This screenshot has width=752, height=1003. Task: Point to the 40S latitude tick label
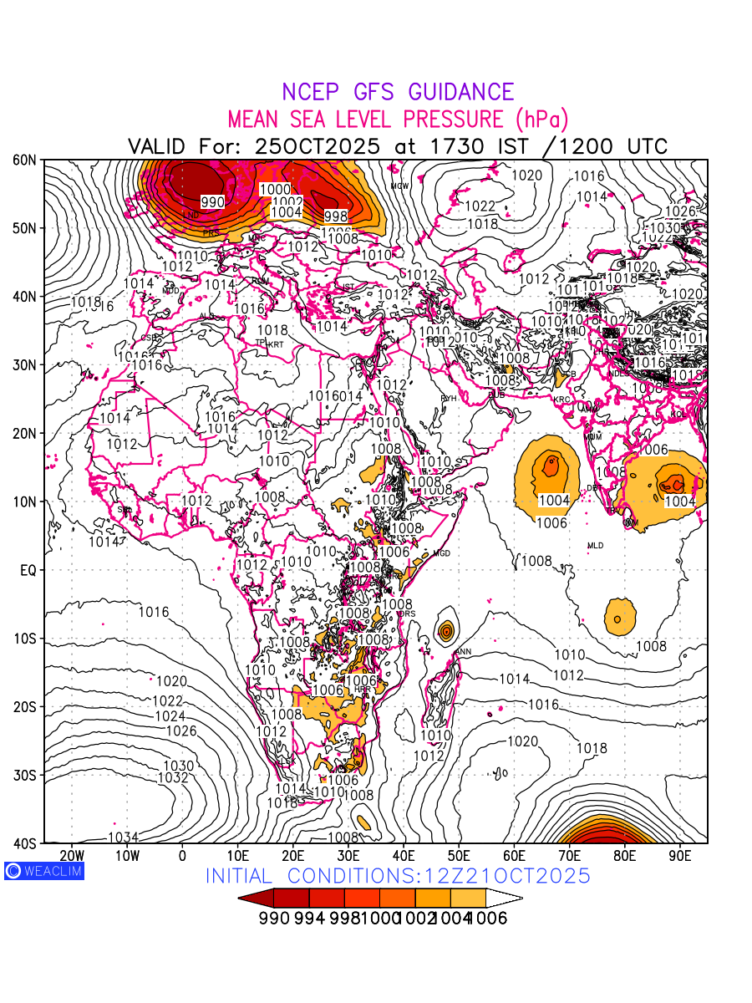(23, 843)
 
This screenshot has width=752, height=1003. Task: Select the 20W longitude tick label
(72, 855)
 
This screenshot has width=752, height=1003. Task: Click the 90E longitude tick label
(680, 855)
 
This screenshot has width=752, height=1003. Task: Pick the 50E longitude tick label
(459, 855)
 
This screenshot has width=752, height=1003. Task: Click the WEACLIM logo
(43, 871)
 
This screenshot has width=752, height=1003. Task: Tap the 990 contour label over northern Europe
(212, 201)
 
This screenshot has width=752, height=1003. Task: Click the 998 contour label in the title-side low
(336, 216)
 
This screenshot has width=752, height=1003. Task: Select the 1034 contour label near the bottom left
(123, 837)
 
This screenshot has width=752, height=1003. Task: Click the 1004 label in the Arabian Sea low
(554, 500)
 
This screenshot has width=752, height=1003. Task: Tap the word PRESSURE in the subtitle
(451, 119)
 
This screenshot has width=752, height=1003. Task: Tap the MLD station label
(595, 546)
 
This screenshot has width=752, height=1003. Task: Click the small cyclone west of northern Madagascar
(445, 629)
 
